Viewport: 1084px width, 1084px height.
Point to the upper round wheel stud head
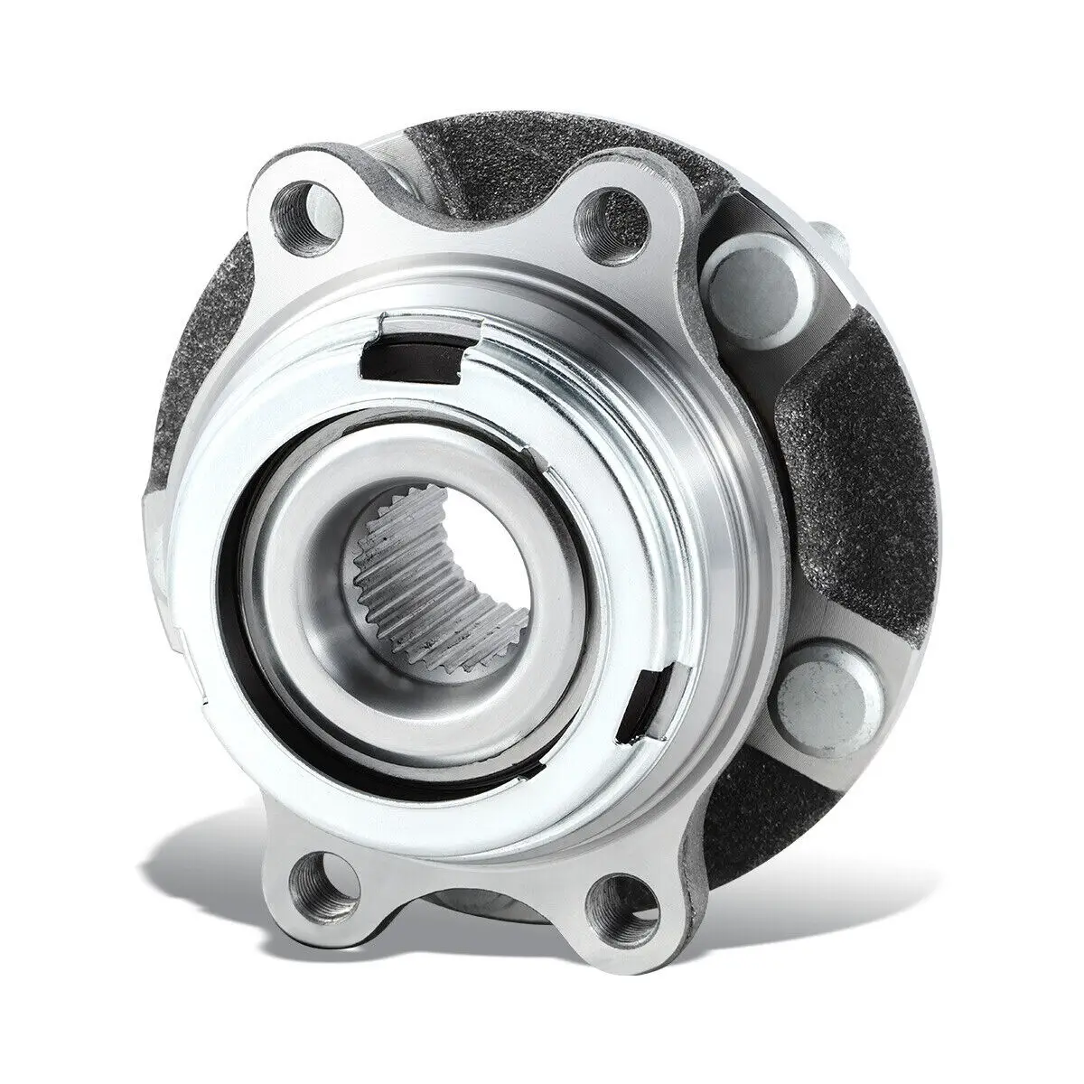pos(743,276)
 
